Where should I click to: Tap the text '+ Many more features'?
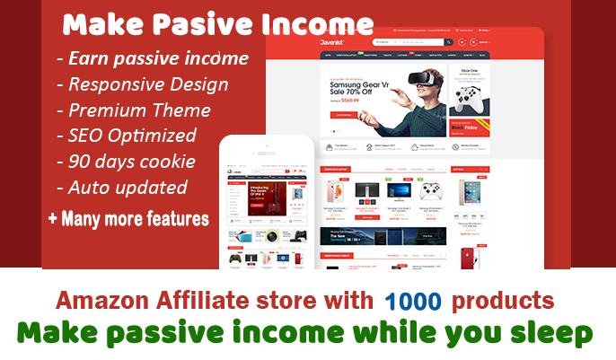[x=128, y=217]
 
